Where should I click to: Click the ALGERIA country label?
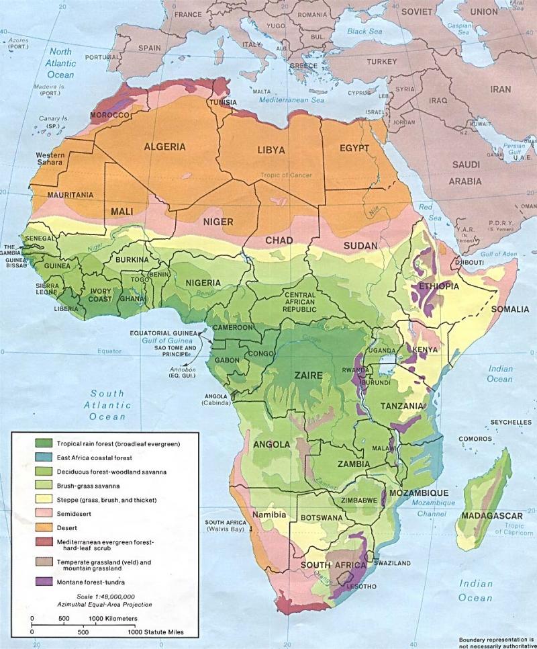tap(164, 146)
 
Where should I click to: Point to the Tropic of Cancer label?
tap(286, 175)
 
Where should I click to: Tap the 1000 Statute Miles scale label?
tap(154, 632)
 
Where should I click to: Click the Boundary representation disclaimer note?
tap(497, 642)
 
